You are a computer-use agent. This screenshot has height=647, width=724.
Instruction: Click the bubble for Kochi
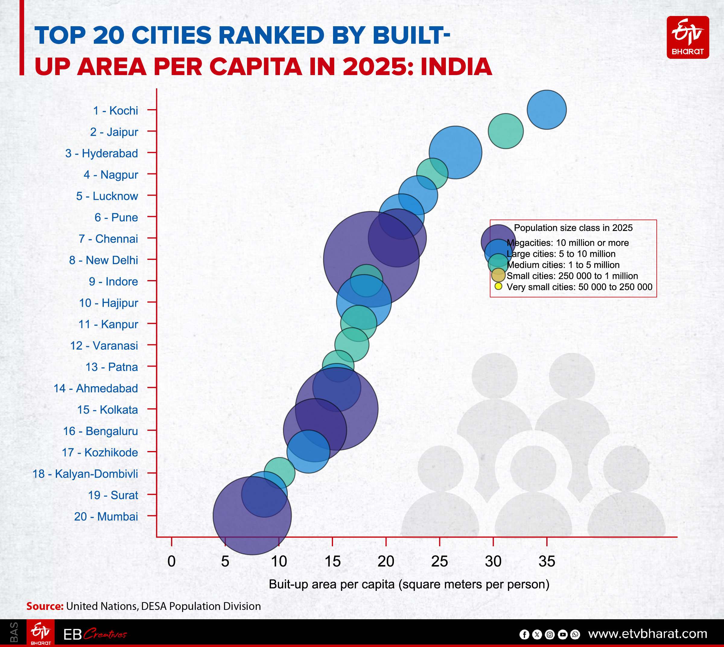click(546, 110)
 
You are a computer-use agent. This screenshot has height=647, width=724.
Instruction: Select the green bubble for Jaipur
click(506, 131)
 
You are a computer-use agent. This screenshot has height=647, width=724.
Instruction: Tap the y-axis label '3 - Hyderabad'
click(102, 153)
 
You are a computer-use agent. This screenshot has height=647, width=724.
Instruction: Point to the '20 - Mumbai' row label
click(106, 516)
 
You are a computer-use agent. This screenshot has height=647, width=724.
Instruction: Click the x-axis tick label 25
click(440, 561)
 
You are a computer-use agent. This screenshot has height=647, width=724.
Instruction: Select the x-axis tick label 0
click(171, 561)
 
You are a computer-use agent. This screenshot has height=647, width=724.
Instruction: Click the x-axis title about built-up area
click(409, 584)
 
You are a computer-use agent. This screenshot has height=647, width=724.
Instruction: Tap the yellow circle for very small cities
click(498, 286)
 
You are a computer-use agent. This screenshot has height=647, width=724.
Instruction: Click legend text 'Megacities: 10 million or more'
click(567, 243)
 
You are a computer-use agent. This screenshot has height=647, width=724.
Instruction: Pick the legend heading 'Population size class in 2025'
click(573, 228)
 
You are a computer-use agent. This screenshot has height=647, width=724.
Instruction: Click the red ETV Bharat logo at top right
click(687, 37)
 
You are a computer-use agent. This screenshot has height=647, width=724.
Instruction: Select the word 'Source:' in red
click(45, 606)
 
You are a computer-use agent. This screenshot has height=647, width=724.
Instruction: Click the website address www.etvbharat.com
click(647, 633)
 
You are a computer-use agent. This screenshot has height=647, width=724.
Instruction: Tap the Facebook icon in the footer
click(524, 634)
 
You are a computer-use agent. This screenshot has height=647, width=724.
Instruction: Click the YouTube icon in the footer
click(563, 634)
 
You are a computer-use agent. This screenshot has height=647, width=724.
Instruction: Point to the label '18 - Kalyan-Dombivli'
click(85, 474)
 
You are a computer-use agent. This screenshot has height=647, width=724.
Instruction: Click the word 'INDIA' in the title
click(456, 67)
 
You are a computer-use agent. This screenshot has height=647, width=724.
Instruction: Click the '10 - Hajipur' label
click(109, 303)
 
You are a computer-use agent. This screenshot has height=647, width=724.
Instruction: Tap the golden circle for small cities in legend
click(498, 275)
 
